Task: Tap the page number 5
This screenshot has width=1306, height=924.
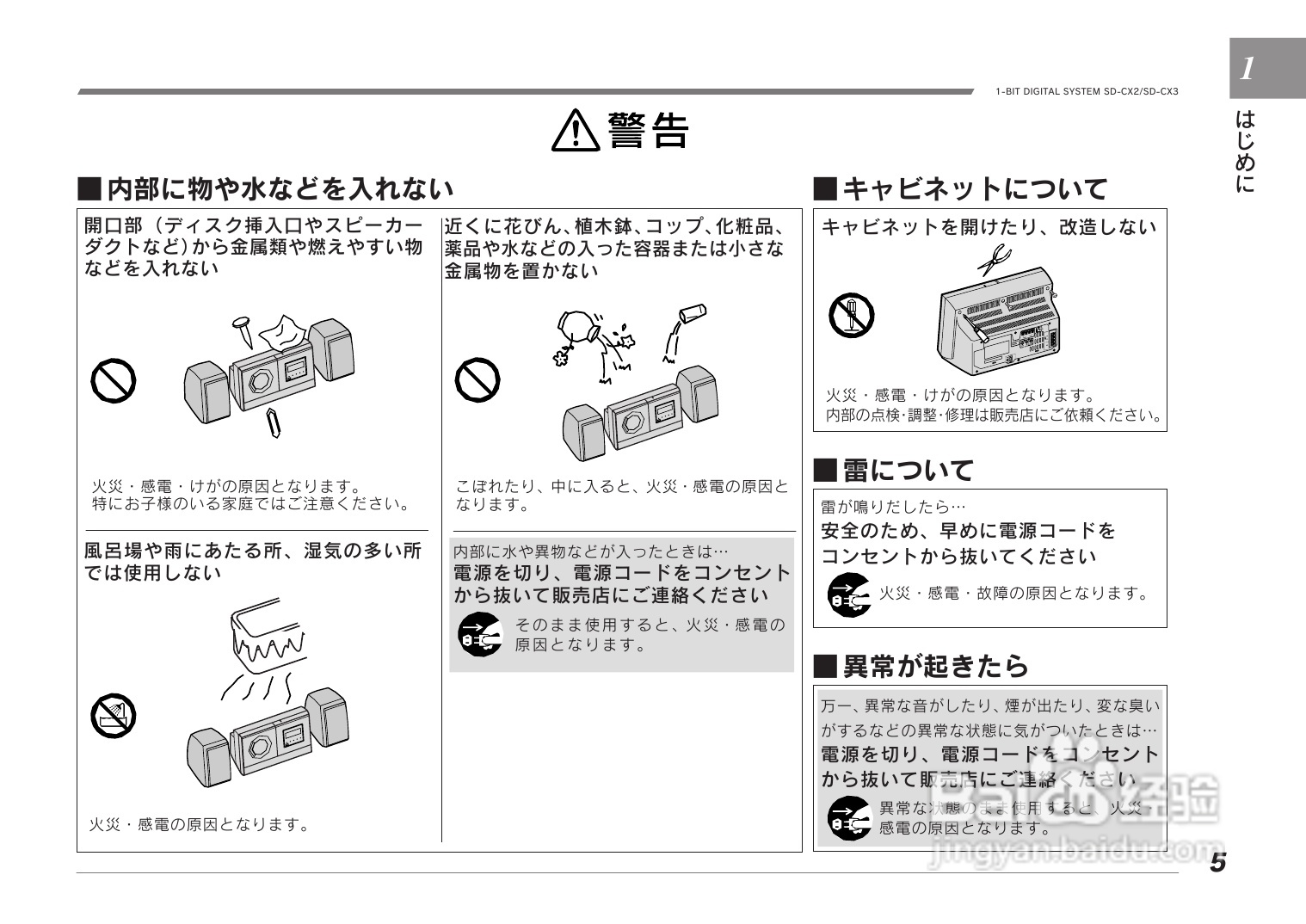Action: pos(1217,862)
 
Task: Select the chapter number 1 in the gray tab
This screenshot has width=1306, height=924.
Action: pos(1247,69)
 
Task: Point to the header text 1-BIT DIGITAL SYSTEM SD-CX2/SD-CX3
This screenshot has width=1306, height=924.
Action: pos(1086,92)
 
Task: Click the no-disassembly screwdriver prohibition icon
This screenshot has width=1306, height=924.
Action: pos(851,316)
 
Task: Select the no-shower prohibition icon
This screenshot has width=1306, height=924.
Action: pos(114,716)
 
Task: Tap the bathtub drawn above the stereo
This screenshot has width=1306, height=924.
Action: pos(268,637)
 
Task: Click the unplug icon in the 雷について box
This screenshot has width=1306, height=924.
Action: pos(848,594)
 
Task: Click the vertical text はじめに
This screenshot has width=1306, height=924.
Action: pos(1245,151)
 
